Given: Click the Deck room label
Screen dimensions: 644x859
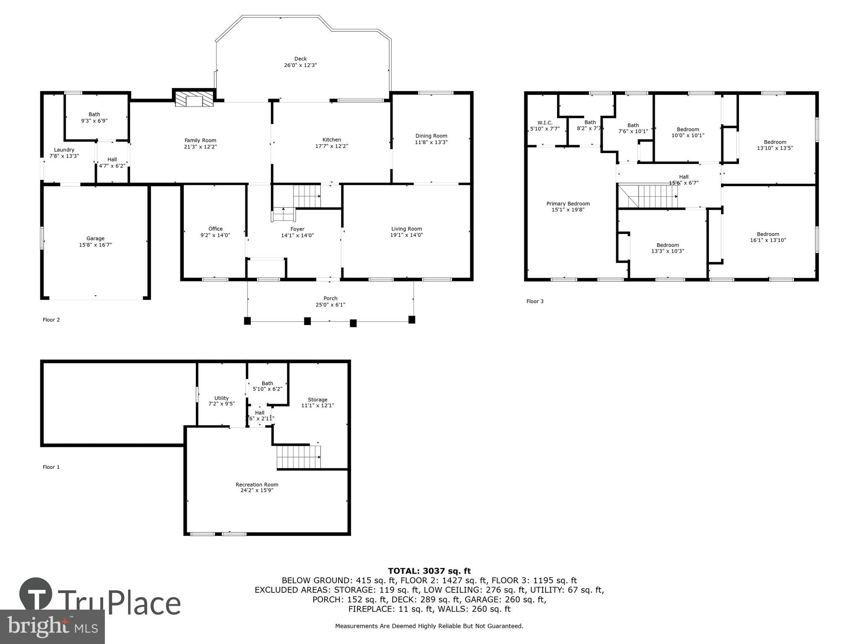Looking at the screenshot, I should pyautogui.click(x=300, y=59).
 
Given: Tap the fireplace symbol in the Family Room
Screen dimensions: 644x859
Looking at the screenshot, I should pyautogui.click(x=194, y=100).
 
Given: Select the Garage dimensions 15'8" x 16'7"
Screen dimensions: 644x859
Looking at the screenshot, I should pyautogui.click(x=96, y=245).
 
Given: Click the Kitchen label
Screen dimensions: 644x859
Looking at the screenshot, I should pyautogui.click(x=331, y=140).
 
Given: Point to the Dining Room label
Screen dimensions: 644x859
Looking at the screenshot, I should pyautogui.click(x=431, y=136).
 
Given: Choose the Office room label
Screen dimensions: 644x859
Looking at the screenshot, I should pyautogui.click(x=216, y=229).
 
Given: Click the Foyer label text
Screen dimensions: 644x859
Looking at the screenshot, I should pyautogui.click(x=297, y=229).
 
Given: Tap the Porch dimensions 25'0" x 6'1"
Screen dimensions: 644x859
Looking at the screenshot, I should pyautogui.click(x=331, y=305).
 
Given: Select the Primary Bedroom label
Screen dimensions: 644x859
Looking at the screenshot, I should pyautogui.click(x=568, y=204).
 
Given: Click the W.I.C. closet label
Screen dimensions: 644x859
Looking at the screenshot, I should pyautogui.click(x=544, y=123).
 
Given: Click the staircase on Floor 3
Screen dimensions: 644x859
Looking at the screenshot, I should pyautogui.click(x=657, y=197).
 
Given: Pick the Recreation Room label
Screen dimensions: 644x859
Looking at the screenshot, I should pyautogui.click(x=257, y=485).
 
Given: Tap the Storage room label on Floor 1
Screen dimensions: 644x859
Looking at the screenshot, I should pyautogui.click(x=318, y=400).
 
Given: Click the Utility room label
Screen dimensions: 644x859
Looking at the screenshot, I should pyautogui.click(x=221, y=398).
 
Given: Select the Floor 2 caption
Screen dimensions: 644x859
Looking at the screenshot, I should pyautogui.click(x=51, y=320).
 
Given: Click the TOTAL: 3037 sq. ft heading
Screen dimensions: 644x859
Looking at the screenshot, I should pyautogui.click(x=429, y=571).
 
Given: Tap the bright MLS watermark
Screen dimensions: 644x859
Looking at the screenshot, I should pyautogui.click(x=52, y=626).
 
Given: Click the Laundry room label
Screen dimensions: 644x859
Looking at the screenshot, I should pyautogui.click(x=64, y=150).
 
